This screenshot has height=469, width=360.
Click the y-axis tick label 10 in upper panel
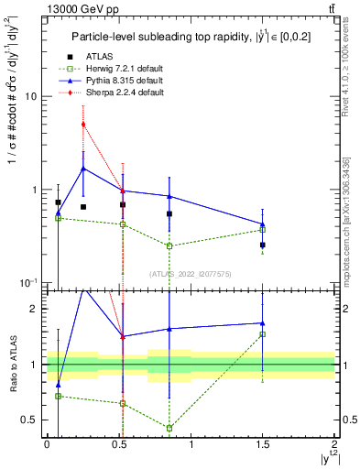pyautogui.click(x=31, y=96)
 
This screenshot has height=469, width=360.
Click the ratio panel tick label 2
pyautogui.click(x=34, y=309)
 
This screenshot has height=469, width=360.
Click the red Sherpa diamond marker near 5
pyautogui.click(x=83, y=124)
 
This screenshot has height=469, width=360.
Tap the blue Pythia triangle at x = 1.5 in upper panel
pyautogui.click(x=263, y=224)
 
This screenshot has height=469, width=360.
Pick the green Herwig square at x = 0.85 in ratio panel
pyautogui.click(x=169, y=428)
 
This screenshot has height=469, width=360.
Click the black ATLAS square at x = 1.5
pyautogui.click(x=263, y=245)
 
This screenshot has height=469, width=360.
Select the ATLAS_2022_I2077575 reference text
pyautogui.click(x=190, y=273)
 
